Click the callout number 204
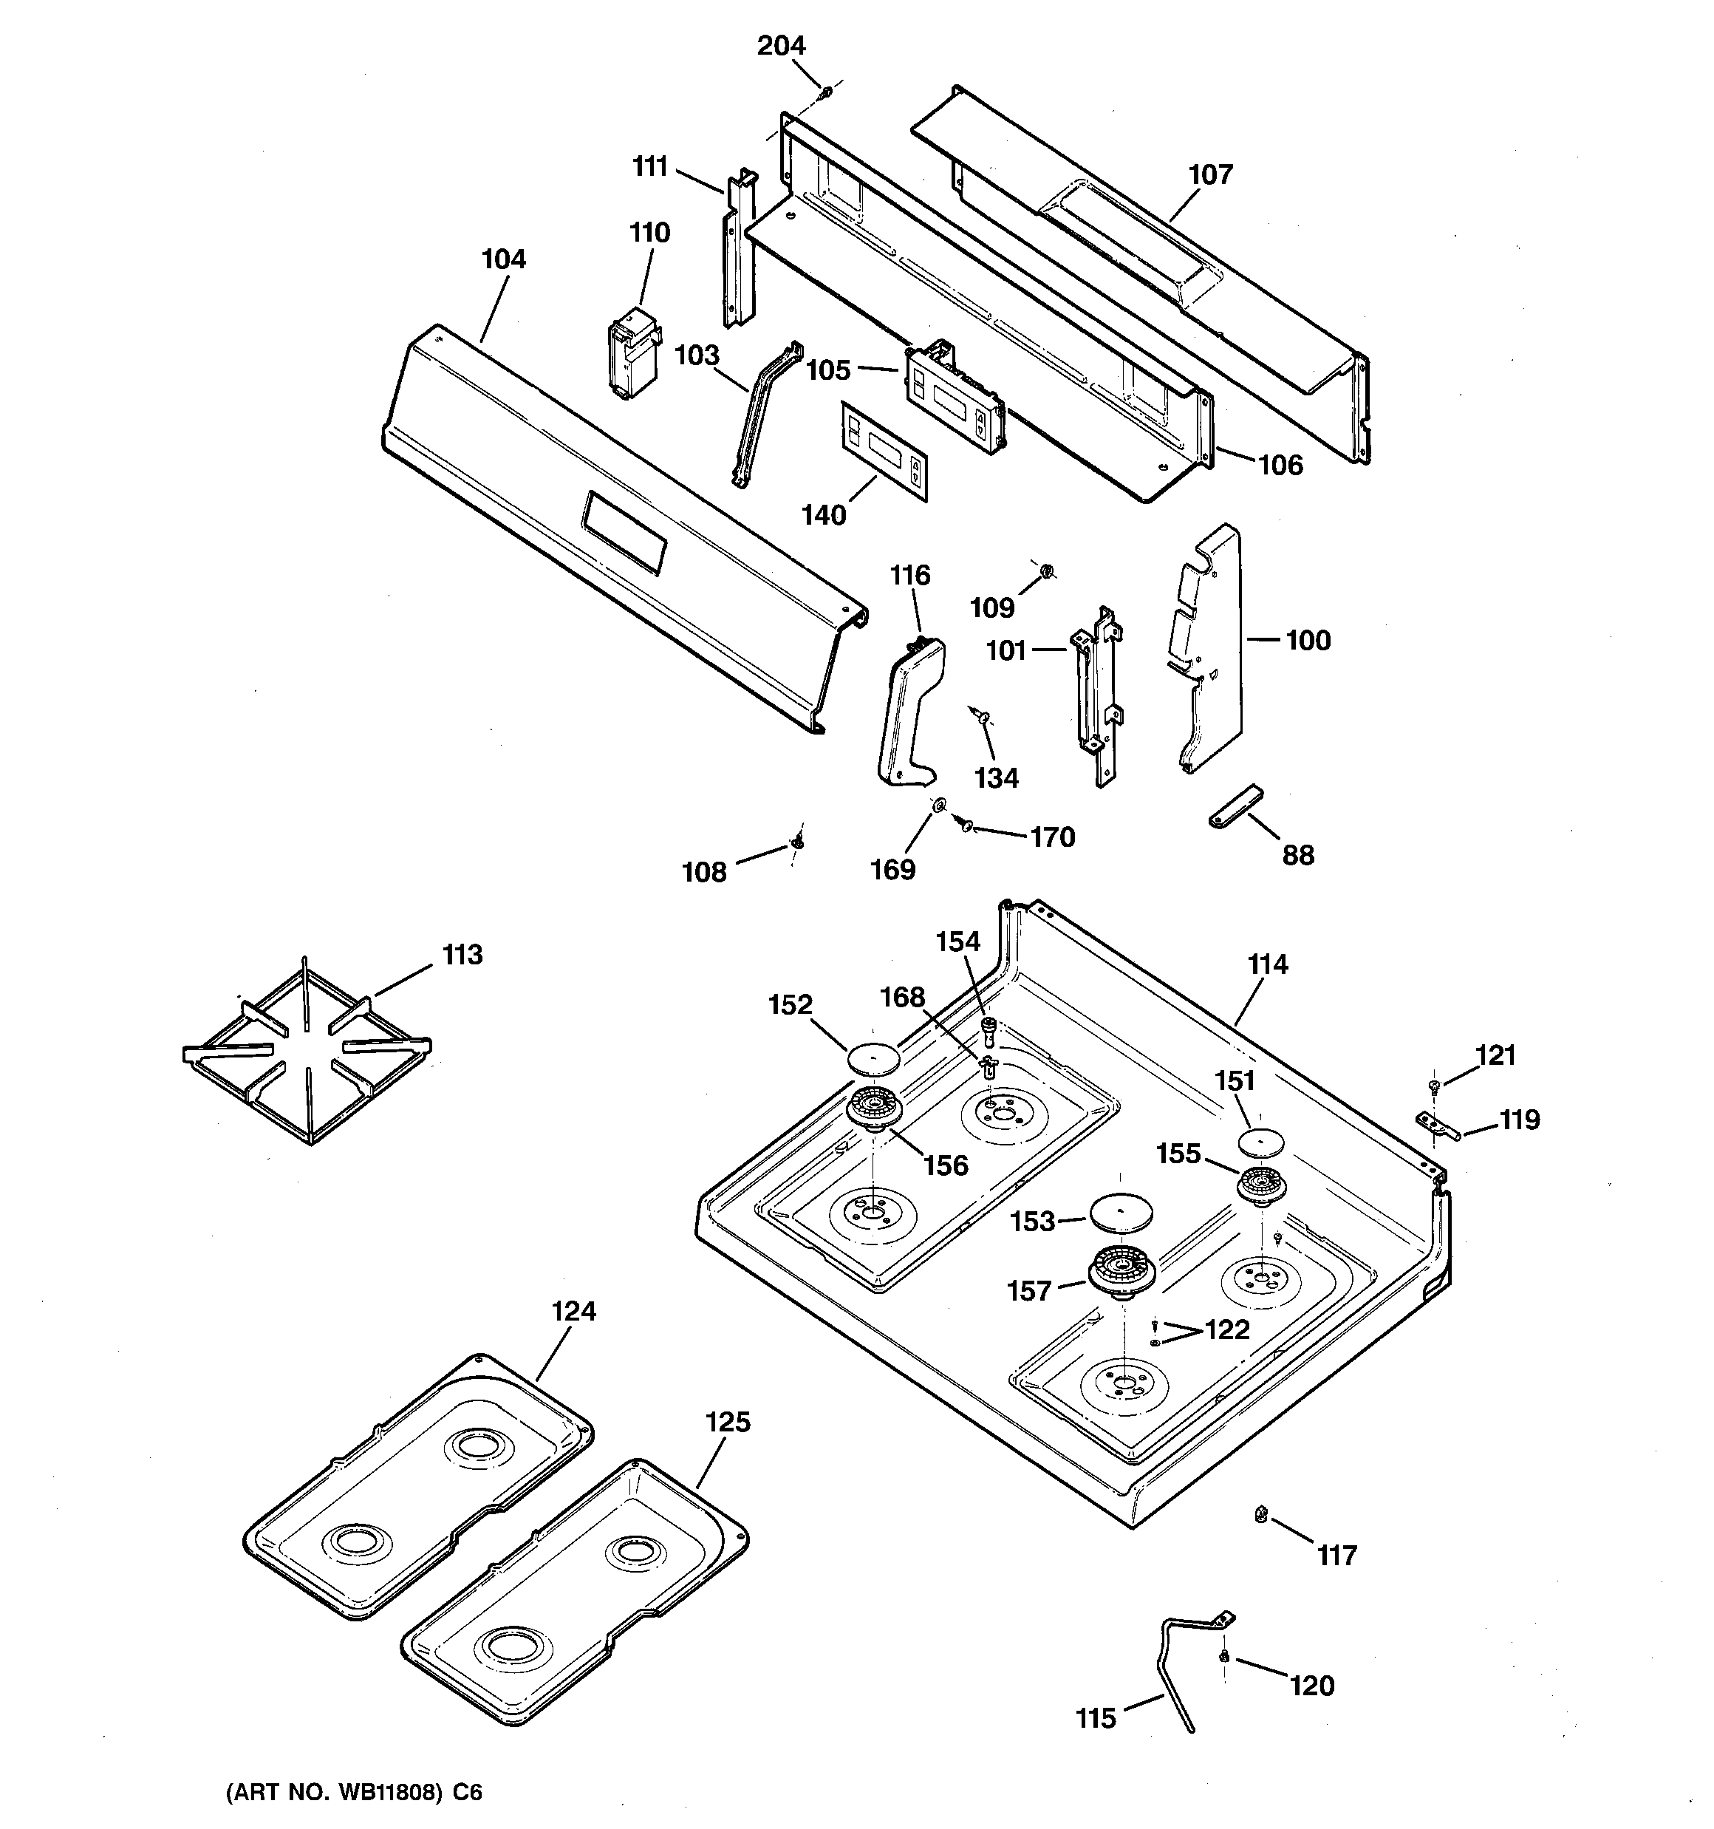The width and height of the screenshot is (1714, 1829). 780,45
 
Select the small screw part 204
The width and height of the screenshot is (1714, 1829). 826,92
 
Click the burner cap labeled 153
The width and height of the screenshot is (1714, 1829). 1121,1212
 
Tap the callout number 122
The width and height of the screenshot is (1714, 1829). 1227,1329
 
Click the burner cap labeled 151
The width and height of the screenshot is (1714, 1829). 1260,1142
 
